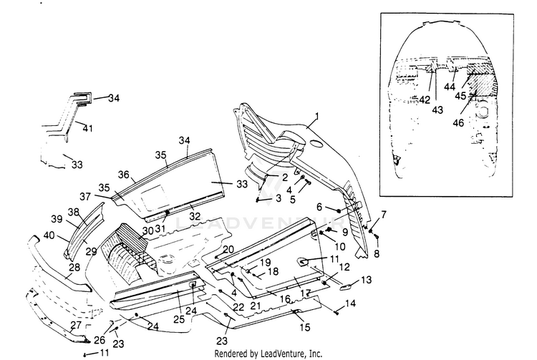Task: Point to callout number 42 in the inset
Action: [x=425, y=100]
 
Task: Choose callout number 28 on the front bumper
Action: [x=73, y=268]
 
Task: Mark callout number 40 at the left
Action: [x=48, y=235]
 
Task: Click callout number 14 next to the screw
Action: [x=350, y=305]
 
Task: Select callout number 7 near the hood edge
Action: [x=383, y=214]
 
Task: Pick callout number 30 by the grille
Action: [x=147, y=230]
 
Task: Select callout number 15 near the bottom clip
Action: [x=306, y=327]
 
